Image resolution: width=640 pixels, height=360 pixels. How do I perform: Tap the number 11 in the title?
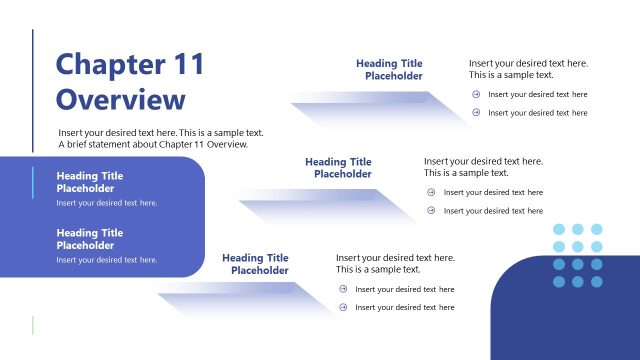point(187,66)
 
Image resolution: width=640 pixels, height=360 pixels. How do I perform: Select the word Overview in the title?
point(121,101)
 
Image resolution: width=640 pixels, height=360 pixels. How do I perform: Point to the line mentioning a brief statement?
point(153,144)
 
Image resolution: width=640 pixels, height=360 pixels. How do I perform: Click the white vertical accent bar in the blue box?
point(33,181)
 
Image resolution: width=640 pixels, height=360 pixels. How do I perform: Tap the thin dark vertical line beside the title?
point(33,90)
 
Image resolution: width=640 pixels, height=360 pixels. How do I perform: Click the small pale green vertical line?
point(33,325)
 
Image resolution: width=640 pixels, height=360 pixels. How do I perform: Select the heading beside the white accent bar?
point(90,181)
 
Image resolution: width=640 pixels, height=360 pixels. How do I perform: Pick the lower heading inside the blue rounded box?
point(90,238)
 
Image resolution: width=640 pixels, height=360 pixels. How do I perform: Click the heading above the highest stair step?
point(389,69)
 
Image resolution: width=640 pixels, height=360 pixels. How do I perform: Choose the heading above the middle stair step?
point(338,167)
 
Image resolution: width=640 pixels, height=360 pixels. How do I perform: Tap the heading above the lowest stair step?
point(255,264)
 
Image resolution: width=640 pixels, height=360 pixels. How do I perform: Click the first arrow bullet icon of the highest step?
point(476,95)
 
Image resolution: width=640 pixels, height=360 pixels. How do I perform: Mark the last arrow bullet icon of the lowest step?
point(343,307)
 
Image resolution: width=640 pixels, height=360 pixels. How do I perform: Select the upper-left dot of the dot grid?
point(559,229)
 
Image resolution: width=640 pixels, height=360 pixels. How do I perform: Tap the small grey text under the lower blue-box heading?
point(107,260)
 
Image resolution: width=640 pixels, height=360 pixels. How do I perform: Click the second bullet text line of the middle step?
point(493,211)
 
